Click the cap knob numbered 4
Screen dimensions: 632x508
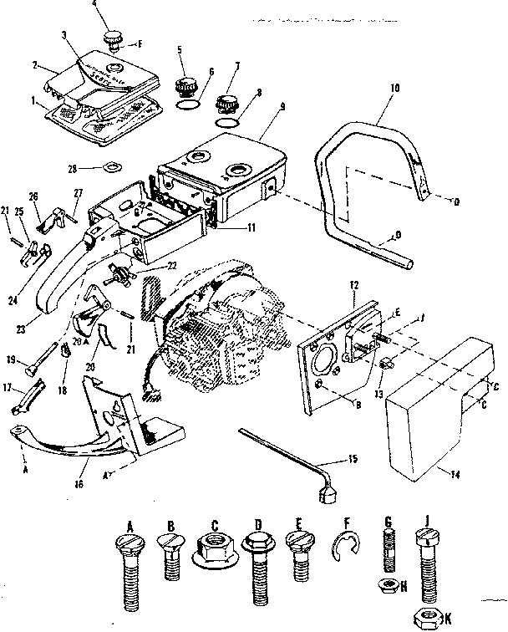[114, 38]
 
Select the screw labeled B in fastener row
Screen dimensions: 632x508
[170, 556]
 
